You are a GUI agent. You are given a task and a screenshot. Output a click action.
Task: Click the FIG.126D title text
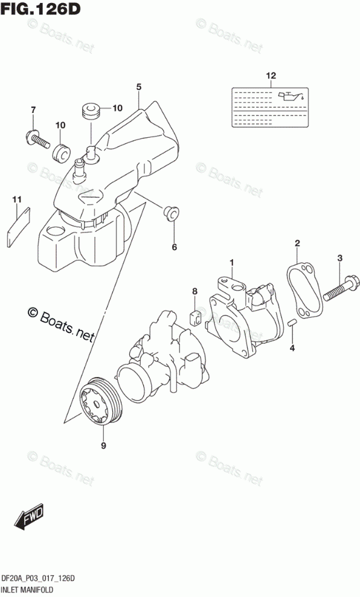tap(40, 8)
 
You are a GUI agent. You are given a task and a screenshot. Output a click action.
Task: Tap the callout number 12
tap(271, 76)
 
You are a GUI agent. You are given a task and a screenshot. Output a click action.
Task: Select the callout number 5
tap(138, 87)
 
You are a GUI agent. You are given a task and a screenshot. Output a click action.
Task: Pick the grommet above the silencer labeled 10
tap(91, 109)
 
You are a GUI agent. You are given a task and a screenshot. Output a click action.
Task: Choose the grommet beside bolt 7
tap(61, 153)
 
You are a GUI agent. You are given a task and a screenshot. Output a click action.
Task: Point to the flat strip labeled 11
tap(18, 227)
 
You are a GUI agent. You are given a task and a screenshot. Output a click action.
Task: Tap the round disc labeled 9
tap(102, 402)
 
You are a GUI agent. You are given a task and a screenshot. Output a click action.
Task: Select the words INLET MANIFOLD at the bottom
tap(27, 590)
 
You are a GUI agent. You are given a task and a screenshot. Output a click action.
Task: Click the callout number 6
tap(175, 248)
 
